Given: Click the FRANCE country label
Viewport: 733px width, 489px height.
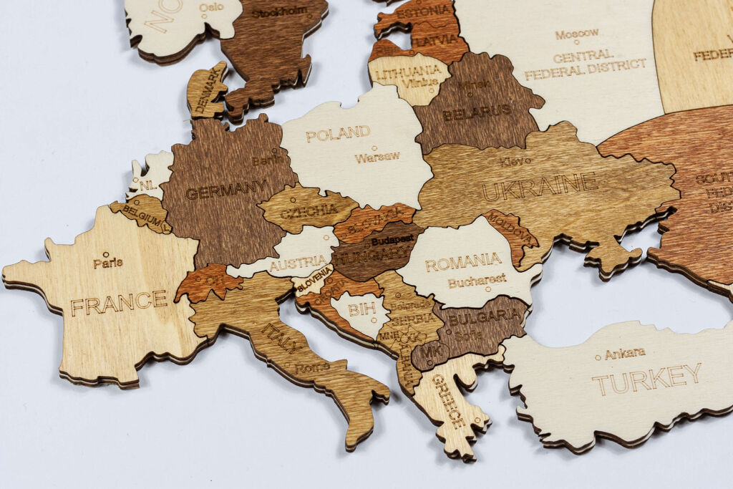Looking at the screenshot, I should [x=119, y=302].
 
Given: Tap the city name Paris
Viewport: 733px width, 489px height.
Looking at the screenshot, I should [x=108, y=263].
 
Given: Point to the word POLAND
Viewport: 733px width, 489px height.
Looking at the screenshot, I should [x=338, y=133].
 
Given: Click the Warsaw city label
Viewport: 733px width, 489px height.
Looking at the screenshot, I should [x=377, y=157].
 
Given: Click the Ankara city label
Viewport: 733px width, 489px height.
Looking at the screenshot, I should [x=624, y=354].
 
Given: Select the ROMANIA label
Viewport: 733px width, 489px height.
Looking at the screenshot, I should [x=463, y=262].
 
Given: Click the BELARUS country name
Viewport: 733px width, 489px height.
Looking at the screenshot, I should [x=477, y=112].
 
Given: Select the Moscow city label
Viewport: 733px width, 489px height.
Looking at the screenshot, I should [x=577, y=34].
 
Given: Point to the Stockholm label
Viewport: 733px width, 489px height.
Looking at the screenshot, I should [x=278, y=11].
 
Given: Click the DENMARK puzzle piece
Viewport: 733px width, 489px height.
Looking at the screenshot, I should [x=207, y=90].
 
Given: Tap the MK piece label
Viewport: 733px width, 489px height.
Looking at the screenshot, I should [x=431, y=352].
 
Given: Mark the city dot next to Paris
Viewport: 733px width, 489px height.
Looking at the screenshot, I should [x=106, y=254].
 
